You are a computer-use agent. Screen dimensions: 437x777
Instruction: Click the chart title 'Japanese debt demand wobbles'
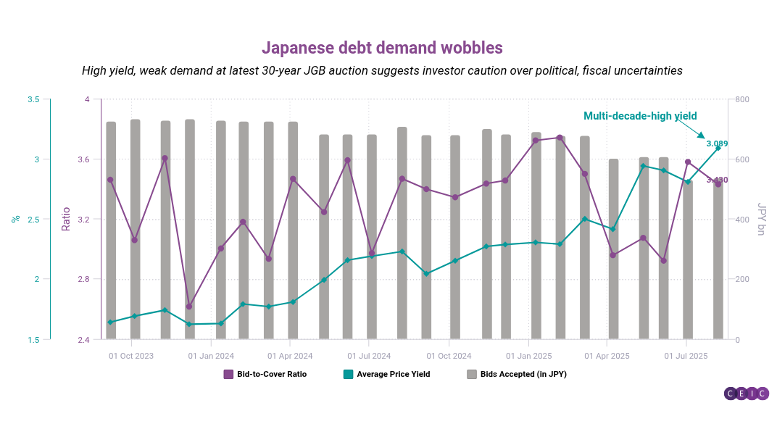[x=382, y=48]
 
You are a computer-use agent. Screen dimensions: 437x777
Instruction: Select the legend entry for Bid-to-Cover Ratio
[x=265, y=374]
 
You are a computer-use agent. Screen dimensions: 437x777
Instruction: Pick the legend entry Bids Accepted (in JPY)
[x=516, y=374]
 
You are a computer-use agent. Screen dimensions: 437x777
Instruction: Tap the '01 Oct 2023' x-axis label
[x=131, y=356]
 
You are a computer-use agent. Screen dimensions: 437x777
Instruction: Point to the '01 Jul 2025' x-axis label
[x=686, y=356]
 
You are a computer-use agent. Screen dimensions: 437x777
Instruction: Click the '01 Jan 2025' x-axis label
[x=528, y=356]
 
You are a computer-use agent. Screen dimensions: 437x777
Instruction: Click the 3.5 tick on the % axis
[x=33, y=99]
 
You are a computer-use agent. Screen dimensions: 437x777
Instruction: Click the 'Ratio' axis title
[x=66, y=219]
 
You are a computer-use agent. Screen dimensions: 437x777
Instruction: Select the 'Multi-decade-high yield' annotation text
[x=640, y=116]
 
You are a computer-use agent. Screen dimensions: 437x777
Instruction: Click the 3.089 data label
[x=717, y=143]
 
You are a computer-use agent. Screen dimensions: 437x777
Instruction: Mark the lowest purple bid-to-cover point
[x=189, y=307]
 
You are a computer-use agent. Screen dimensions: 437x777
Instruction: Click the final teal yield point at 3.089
[x=718, y=148]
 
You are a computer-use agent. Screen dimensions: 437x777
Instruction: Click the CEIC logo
[x=746, y=394]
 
